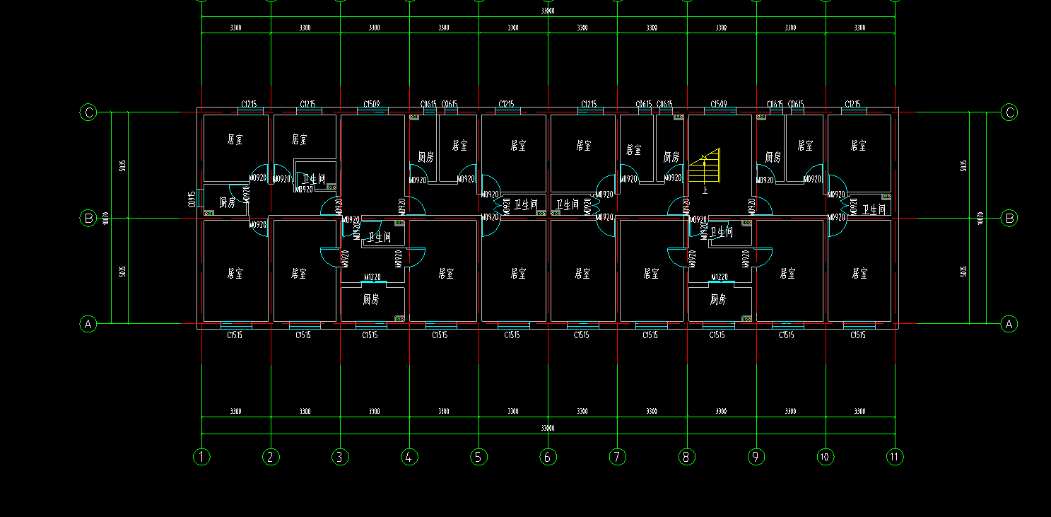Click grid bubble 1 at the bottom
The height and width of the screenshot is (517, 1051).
point(201,457)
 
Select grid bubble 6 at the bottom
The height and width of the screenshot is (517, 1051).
point(548,457)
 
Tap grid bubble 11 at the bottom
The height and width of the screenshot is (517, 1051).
point(894,457)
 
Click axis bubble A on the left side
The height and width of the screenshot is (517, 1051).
point(88,324)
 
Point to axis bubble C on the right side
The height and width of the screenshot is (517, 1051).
point(1010,112)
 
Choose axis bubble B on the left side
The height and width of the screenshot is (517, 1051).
point(88,219)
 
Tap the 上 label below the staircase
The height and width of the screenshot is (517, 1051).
point(705,190)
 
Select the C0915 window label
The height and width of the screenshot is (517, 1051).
point(192,199)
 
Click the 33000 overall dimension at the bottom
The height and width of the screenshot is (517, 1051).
point(548,428)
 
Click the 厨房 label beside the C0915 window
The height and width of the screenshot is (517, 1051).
point(227,202)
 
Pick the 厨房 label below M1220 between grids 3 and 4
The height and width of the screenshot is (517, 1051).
point(371,299)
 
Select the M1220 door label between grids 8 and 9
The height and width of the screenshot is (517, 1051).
point(720,277)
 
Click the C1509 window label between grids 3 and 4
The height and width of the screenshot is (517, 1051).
point(372,104)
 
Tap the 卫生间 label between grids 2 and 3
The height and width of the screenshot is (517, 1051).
point(313,180)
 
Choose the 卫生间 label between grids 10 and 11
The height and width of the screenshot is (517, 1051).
point(874,210)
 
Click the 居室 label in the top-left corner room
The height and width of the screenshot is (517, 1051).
point(235,140)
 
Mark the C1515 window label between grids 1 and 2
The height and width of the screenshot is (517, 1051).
point(234,335)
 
